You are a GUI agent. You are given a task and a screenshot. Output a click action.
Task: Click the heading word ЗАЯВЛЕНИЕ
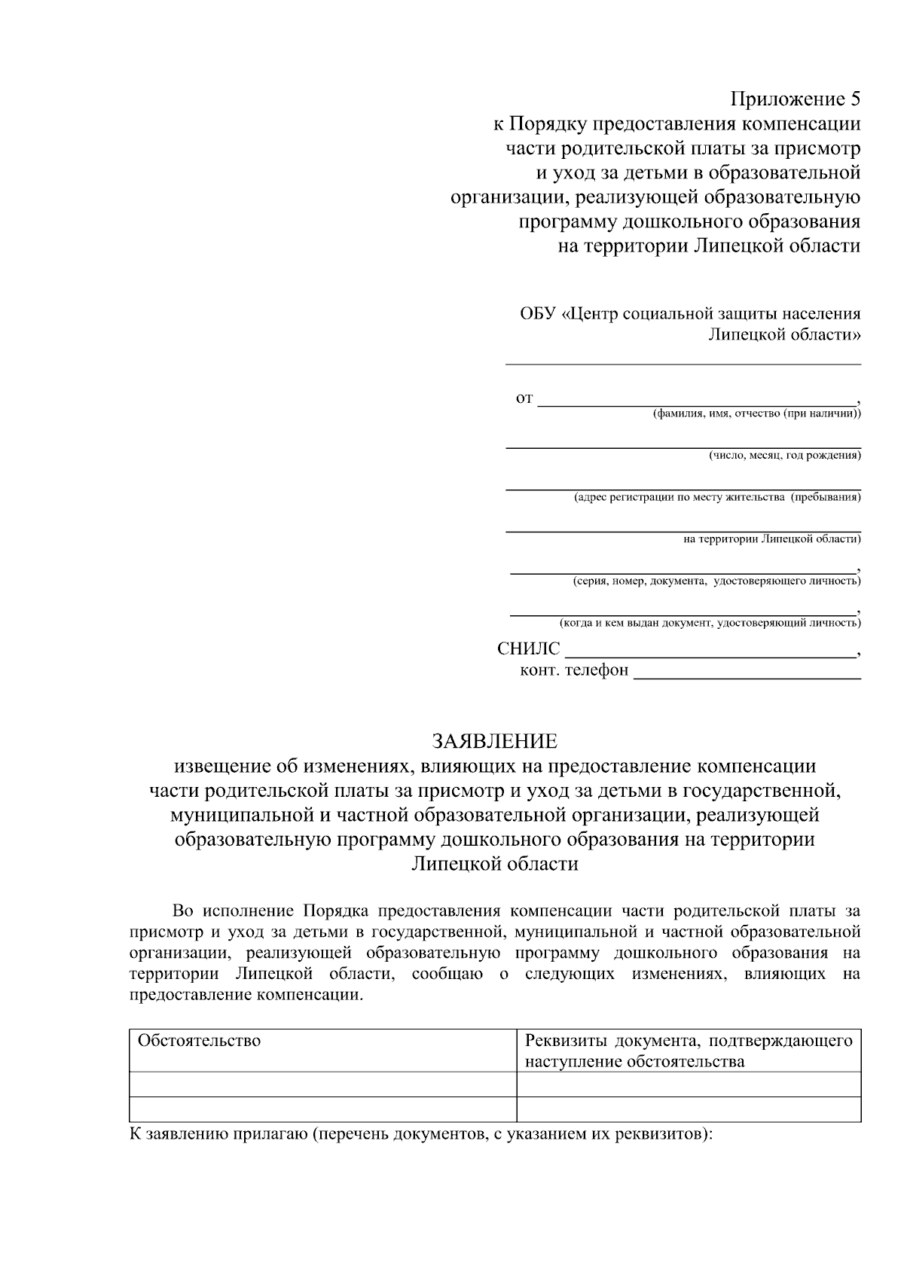coord(494,741)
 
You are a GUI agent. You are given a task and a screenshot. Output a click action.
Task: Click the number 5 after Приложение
coord(854,99)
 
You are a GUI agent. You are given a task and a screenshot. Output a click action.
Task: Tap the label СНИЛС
coord(529,649)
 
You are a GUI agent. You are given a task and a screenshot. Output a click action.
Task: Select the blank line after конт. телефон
coord(746,677)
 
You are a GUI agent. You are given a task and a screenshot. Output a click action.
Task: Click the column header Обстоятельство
coord(199,1041)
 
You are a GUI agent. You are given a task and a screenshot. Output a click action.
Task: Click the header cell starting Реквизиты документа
coord(688,1051)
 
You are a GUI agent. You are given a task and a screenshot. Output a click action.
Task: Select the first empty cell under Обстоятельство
coord(322,1084)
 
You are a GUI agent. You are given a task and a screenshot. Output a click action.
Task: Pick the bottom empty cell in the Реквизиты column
coord(688,1109)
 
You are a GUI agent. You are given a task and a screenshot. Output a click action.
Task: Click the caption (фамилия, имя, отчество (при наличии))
coord(756,413)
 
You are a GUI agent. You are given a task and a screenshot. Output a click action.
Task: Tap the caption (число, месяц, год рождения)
coord(784,455)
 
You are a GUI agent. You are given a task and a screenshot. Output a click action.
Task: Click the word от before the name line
coord(524,398)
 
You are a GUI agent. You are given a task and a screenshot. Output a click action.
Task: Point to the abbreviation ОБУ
coord(537,313)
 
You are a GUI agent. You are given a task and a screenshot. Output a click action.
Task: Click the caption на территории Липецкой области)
coord(771,538)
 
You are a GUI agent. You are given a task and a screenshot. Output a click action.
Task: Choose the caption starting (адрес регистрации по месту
coord(716,497)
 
